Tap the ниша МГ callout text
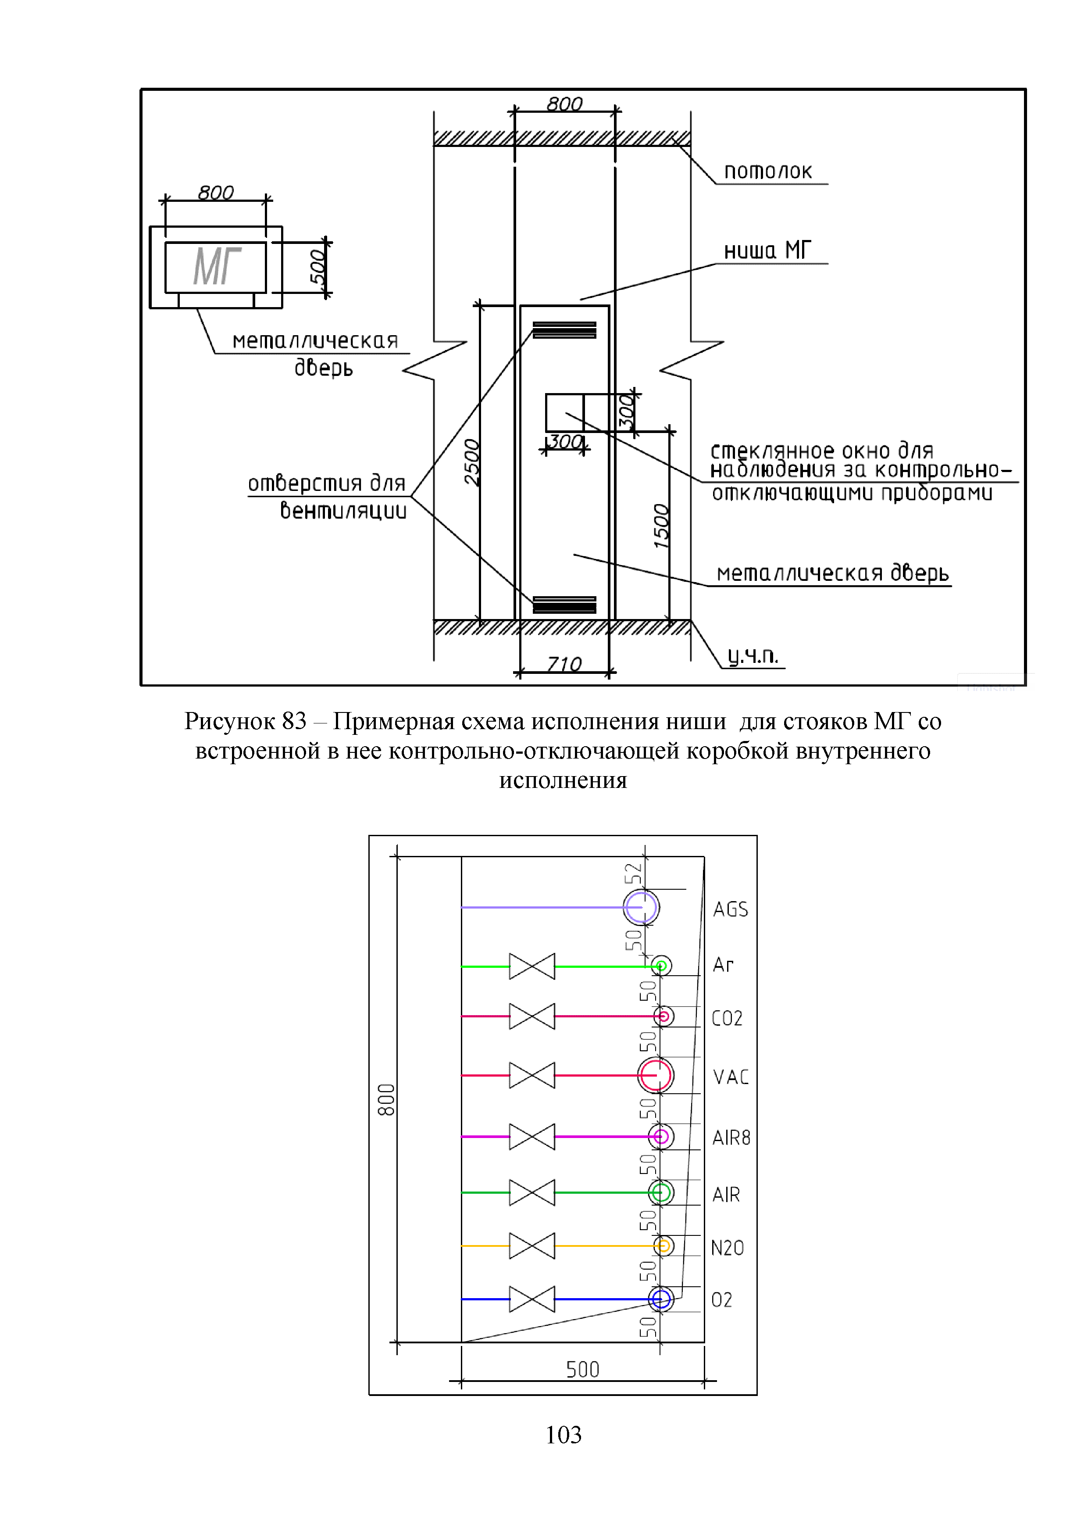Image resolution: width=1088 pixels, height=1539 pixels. pyautogui.click(x=767, y=251)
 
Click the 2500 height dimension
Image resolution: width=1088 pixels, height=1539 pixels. pyautogui.click(x=472, y=462)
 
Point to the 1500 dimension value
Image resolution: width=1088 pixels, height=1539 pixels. pyautogui.click(x=661, y=526)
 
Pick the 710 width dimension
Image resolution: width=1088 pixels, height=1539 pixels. pyautogui.click(x=564, y=664)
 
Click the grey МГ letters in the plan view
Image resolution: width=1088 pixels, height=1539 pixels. pyautogui.click(x=216, y=267)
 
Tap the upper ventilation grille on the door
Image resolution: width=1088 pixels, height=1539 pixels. pyautogui.click(x=564, y=330)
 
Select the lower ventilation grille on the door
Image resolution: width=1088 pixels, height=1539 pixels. pyautogui.click(x=564, y=604)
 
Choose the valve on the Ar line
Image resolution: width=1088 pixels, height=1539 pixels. pyautogui.click(x=532, y=966)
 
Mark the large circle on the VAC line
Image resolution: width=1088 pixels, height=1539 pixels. pyautogui.click(x=655, y=1075)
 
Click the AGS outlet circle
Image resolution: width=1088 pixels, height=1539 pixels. pyautogui.click(x=641, y=908)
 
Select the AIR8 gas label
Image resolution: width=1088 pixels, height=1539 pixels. pyautogui.click(x=731, y=1138)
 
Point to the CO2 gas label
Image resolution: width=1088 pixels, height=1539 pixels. pyautogui.click(x=727, y=1018)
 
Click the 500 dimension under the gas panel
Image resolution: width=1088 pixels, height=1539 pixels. pyautogui.click(x=582, y=1369)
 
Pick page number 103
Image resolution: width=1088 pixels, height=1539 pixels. pyautogui.click(x=564, y=1435)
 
